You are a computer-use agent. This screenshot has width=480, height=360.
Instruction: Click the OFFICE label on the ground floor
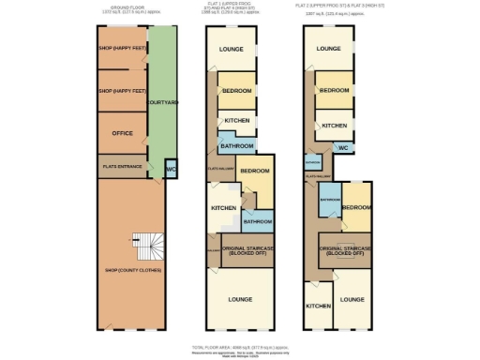122,133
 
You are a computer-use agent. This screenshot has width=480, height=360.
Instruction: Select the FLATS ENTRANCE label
122,168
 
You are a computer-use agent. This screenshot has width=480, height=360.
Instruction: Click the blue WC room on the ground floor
171,170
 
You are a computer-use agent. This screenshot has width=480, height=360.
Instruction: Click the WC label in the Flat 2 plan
343,147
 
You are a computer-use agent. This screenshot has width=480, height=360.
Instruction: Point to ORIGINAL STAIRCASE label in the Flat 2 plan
341,250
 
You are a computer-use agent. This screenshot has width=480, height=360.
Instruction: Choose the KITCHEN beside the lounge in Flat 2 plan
318,306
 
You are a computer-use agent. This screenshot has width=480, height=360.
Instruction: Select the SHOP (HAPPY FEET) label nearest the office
122,92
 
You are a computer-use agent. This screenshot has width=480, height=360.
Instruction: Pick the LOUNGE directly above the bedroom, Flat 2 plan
328,48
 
